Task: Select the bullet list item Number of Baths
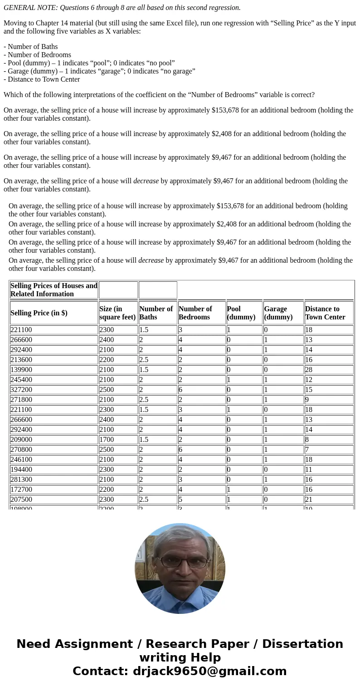tap(33, 47)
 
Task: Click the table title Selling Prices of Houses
tap(54, 289)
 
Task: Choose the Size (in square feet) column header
tap(117, 313)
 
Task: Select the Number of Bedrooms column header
tap(195, 313)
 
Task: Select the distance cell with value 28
tap(309, 370)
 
